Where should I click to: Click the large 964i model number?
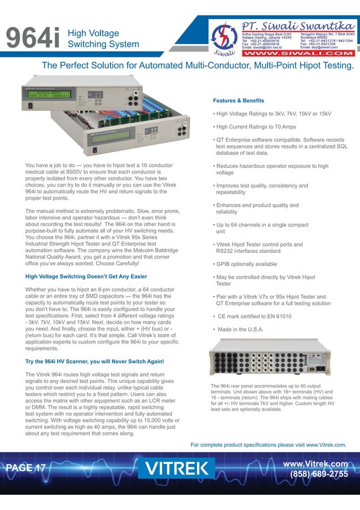[x=33, y=39]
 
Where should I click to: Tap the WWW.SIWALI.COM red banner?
[x=298, y=55]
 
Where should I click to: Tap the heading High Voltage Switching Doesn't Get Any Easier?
[x=86, y=276]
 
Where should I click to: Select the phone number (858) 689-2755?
[x=318, y=474]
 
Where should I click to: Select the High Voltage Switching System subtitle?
[x=103, y=39]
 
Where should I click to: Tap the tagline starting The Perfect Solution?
[x=197, y=67]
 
